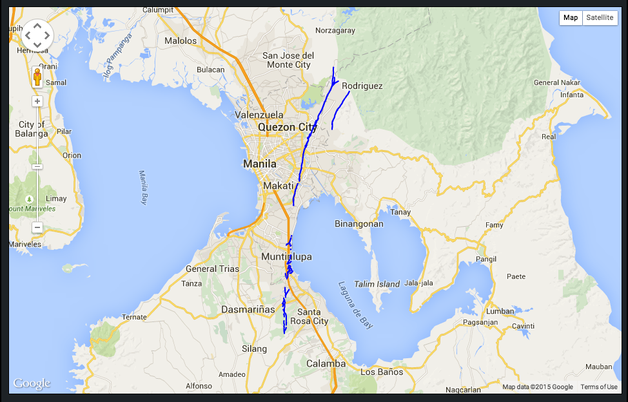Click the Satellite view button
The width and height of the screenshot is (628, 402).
click(x=600, y=17)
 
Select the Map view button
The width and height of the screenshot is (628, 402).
click(x=571, y=17)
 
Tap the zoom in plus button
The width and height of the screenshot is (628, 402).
click(x=37, y=101)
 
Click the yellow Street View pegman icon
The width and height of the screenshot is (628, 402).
click(x=37, y=77)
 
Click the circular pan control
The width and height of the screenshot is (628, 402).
click(x=37, y=35)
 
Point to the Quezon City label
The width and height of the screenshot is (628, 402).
click(x=288, y=127)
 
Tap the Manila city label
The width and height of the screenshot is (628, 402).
click(x=260, y=164)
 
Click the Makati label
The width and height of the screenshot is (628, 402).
click(x=279, y=186)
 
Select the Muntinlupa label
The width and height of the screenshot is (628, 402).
click(x=286, y=256)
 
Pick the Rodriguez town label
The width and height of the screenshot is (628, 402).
click(x=362, y=86)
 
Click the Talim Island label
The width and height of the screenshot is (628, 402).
click(x=378, y=284)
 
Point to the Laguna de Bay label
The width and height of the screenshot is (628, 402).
click(x=356, y=305)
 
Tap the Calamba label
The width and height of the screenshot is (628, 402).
click(x=326, y=363)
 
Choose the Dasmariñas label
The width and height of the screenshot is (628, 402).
click(x=248, y=309)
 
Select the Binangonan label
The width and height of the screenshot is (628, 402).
click(x=359, y=224)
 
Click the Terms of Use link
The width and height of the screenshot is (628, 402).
click(x=598, y=387)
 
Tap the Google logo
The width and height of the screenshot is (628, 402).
click(x=32, y=384)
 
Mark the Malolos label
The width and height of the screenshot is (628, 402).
click(x=181, y=41)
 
